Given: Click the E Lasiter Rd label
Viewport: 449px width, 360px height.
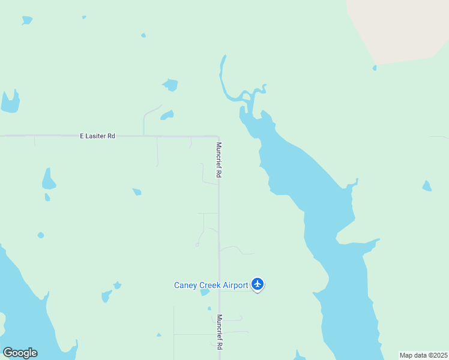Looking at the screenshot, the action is [97, 136].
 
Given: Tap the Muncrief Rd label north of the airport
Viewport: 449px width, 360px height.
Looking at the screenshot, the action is [220, 160].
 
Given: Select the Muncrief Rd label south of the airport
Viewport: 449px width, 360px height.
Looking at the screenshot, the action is [220, 332].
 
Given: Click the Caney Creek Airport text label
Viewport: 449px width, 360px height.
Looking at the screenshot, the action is [211, 285].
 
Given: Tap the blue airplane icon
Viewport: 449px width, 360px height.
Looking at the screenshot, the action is [258, 284].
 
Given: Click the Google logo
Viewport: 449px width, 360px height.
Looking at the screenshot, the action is [20, 352].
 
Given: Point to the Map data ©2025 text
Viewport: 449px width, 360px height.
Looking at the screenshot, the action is [423, 355].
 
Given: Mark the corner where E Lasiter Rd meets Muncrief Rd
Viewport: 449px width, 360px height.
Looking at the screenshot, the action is [217, 137].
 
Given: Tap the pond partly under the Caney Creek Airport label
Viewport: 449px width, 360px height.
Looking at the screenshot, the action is [205, 292].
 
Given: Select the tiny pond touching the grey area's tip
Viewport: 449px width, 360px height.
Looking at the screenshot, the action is [375, 68].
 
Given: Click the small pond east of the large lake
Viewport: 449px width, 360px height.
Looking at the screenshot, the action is [427, 186].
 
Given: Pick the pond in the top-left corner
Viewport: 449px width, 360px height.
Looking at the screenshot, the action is [26, 20].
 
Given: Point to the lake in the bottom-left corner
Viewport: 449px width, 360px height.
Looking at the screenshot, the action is [24, 312].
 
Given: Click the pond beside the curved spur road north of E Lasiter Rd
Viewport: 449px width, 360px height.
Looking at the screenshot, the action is [167, 115].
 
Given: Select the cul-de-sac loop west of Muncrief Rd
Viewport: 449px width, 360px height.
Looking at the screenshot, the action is [197, 244].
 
